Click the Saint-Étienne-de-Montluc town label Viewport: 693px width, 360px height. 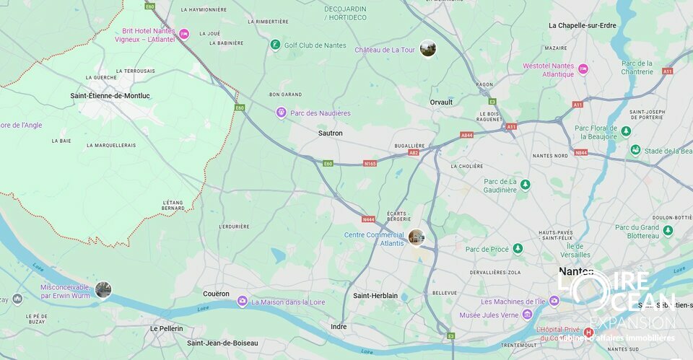click(110, 95)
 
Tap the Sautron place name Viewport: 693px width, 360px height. click(331, 133)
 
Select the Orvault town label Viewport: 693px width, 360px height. click(441, 102)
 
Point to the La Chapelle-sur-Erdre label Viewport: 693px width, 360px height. click(582, 25)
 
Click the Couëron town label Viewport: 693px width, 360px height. click(216, 294)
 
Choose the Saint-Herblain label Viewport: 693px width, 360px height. click(375, 296)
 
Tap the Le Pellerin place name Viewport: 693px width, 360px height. click(166, 328)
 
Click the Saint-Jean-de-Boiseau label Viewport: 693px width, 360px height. click(222, 343)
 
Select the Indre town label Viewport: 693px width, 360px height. click(339, 327)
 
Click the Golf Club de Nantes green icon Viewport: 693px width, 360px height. click(275, 45)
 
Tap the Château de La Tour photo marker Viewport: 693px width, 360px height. click(428, 48)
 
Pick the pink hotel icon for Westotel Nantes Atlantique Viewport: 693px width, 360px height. click(583, 69)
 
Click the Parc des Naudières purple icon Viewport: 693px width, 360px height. click(281, 113)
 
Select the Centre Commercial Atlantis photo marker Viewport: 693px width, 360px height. click(417, 237)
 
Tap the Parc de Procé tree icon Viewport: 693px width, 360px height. click(518, 249)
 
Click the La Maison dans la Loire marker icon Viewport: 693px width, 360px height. click(243, 301)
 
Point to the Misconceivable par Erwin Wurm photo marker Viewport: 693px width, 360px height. click(103, 290)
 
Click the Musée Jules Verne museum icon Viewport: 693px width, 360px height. click(528, 314)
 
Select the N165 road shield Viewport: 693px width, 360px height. click(370, 163)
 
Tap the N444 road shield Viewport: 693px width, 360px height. click(368, 219)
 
